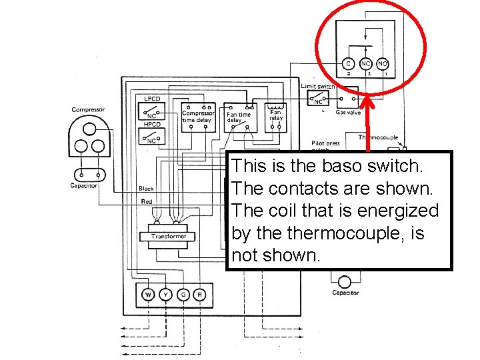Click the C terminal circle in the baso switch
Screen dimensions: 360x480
pos(348,64)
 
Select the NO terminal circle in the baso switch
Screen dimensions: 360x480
pos(383,64)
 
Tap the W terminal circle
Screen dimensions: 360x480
pos(148,294)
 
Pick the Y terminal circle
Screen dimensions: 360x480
pos(165,294)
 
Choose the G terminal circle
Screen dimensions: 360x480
pos(183,294)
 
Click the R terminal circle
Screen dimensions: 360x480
pos(199,294)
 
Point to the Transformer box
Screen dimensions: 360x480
pos(169,237)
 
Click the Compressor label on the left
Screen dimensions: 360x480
pos(88,110)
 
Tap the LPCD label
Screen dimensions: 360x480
pos(153,99)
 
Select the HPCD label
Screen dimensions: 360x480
pos(153,125)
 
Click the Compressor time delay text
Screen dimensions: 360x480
pos(199,117)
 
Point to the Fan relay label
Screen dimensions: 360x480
pos(276,115)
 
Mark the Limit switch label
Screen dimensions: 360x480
pos(318,87)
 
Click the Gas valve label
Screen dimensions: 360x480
pos(348,113)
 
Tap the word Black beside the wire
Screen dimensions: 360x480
pos(146,189)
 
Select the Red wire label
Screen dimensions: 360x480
pos(146,201)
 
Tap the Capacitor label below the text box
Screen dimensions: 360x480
pos(345,293)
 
